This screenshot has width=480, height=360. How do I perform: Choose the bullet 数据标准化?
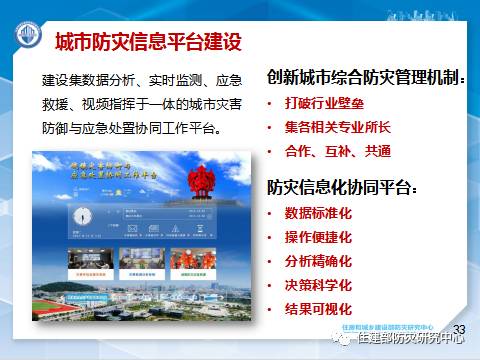(x=319, y=213)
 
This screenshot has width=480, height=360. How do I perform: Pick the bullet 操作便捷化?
(x=319, y=237)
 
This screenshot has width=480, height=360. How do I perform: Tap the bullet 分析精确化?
(x=319, y=261)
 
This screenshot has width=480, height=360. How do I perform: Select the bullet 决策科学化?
(x=319, y=285)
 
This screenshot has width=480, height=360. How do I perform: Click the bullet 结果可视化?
(x=319, y=309)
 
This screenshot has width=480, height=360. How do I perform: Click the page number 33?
(x=460, y=329)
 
